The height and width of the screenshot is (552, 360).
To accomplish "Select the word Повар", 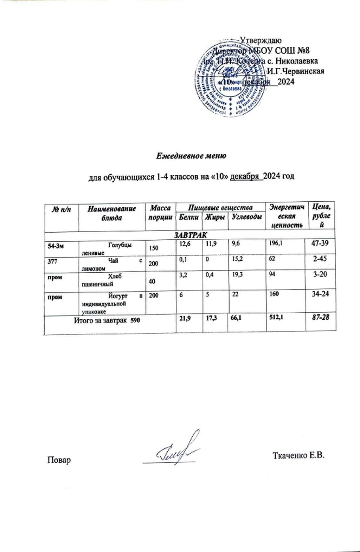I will point(59,460).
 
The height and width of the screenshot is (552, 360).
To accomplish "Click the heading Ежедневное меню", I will point(191,155).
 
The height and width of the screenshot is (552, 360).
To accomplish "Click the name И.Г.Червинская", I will point(295,71).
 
